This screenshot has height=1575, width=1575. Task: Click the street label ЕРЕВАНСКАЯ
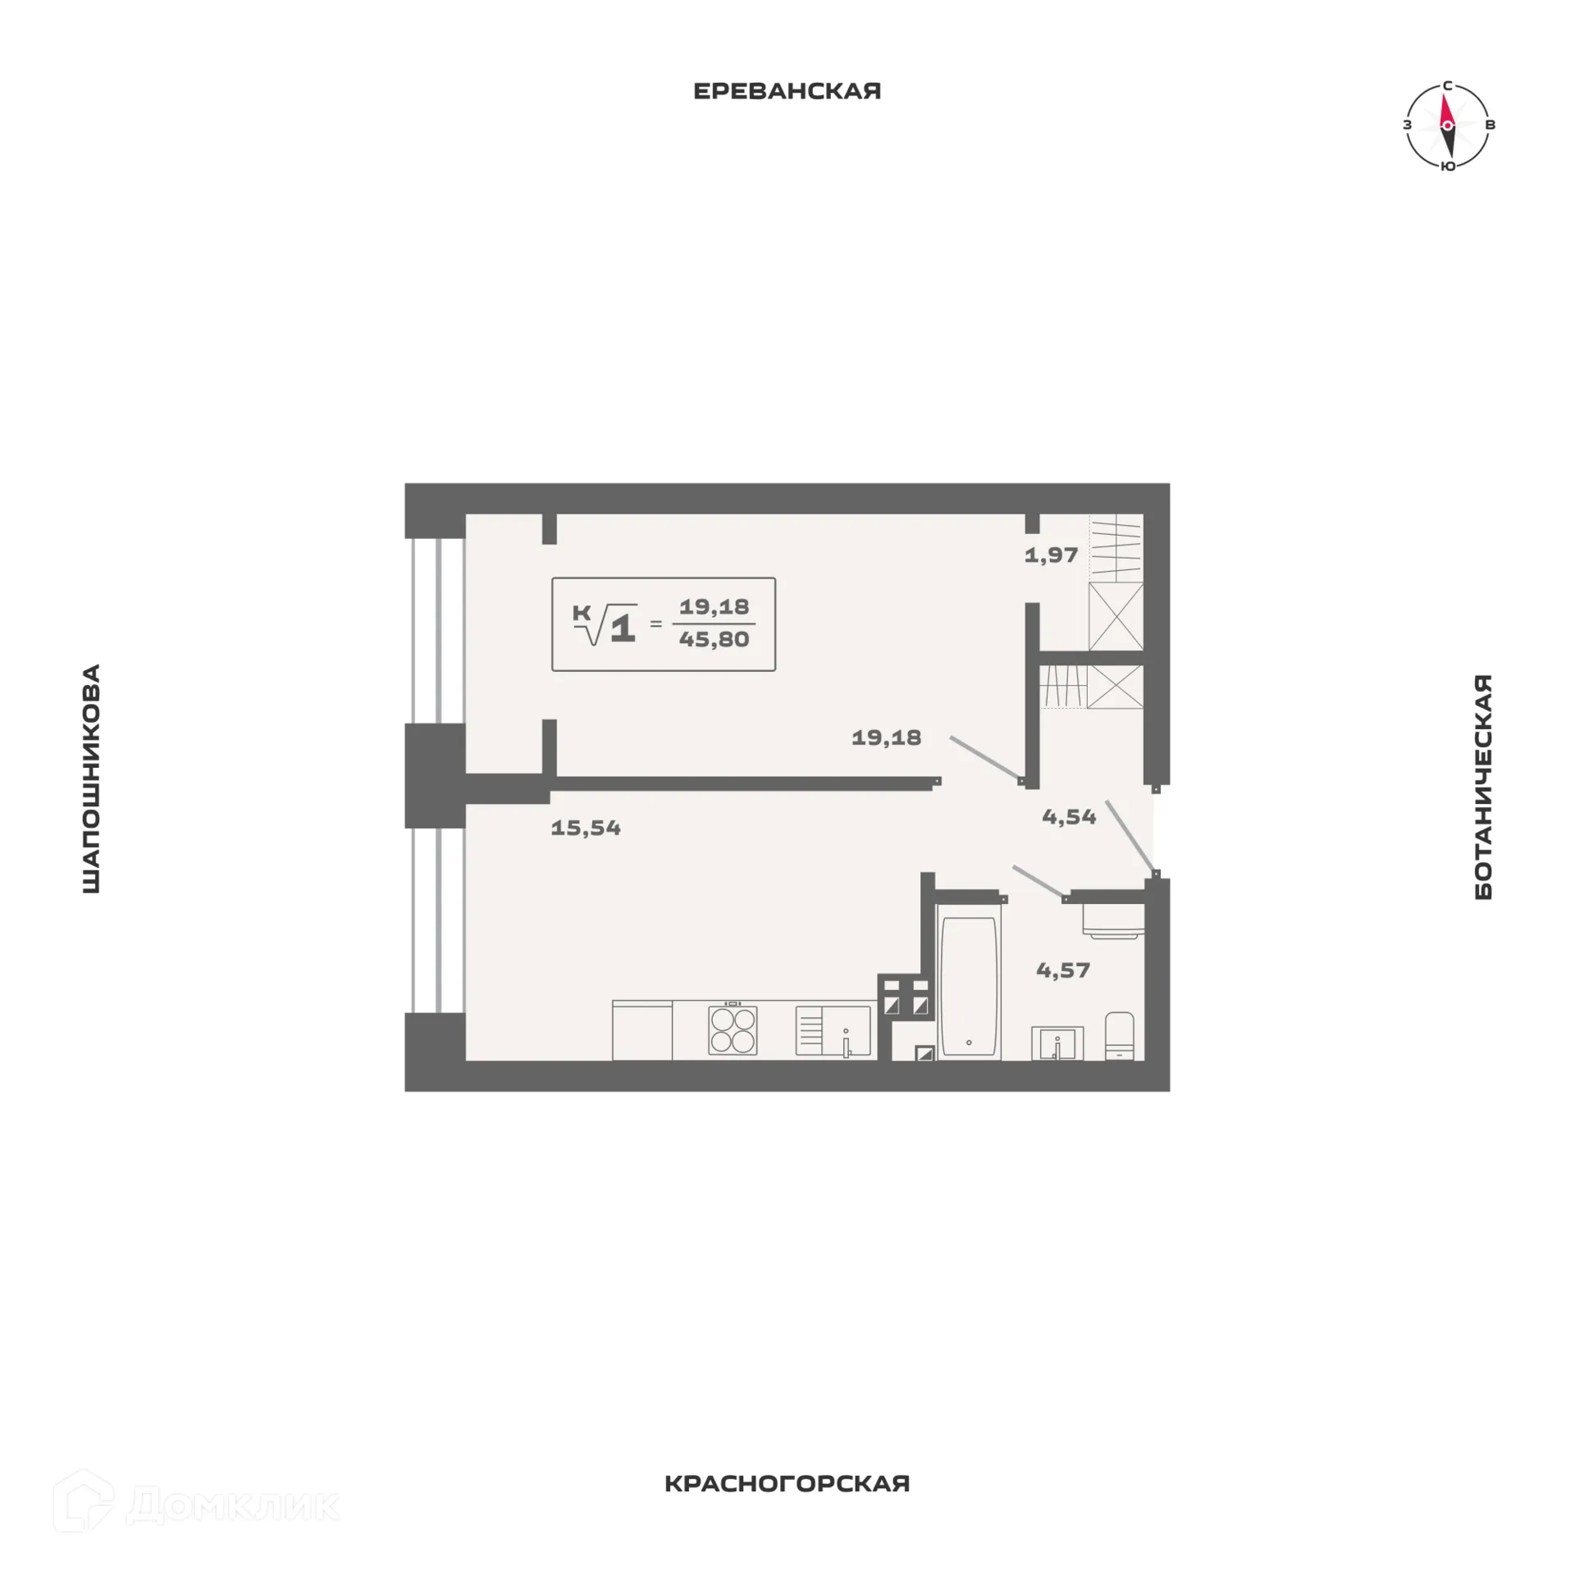click(787, 91)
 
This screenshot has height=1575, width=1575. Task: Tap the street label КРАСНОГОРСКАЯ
click(787, 1507)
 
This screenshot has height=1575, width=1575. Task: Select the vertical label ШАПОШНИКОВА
click(91, 778)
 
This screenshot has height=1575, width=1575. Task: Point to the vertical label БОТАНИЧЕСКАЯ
click(1483, 787)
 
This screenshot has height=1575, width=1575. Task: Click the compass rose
click(1448, 126)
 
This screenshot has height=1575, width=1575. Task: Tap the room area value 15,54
click(586, 828)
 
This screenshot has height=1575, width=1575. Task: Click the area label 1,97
click(1051, 555)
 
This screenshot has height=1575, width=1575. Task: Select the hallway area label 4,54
click(1069, 816)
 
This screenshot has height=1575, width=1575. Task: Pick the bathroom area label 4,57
click(1063, 970)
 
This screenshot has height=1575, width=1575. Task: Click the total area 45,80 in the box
click(714, 639)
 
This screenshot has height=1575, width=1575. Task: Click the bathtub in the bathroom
click(969, 986)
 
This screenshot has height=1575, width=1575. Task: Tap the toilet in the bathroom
click(1120, 1035)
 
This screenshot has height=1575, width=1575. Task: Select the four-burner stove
click(733, 1029)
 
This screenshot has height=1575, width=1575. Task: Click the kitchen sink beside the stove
click(833, 1030)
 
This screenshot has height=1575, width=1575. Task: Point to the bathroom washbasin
click(1057, 1043)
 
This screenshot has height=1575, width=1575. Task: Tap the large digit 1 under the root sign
click(623, 628)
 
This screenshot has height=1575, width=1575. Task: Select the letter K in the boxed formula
click(582, 613)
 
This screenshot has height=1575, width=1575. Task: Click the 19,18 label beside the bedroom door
click(886, 737)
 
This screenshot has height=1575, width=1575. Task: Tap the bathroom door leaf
click(1039, 881)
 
